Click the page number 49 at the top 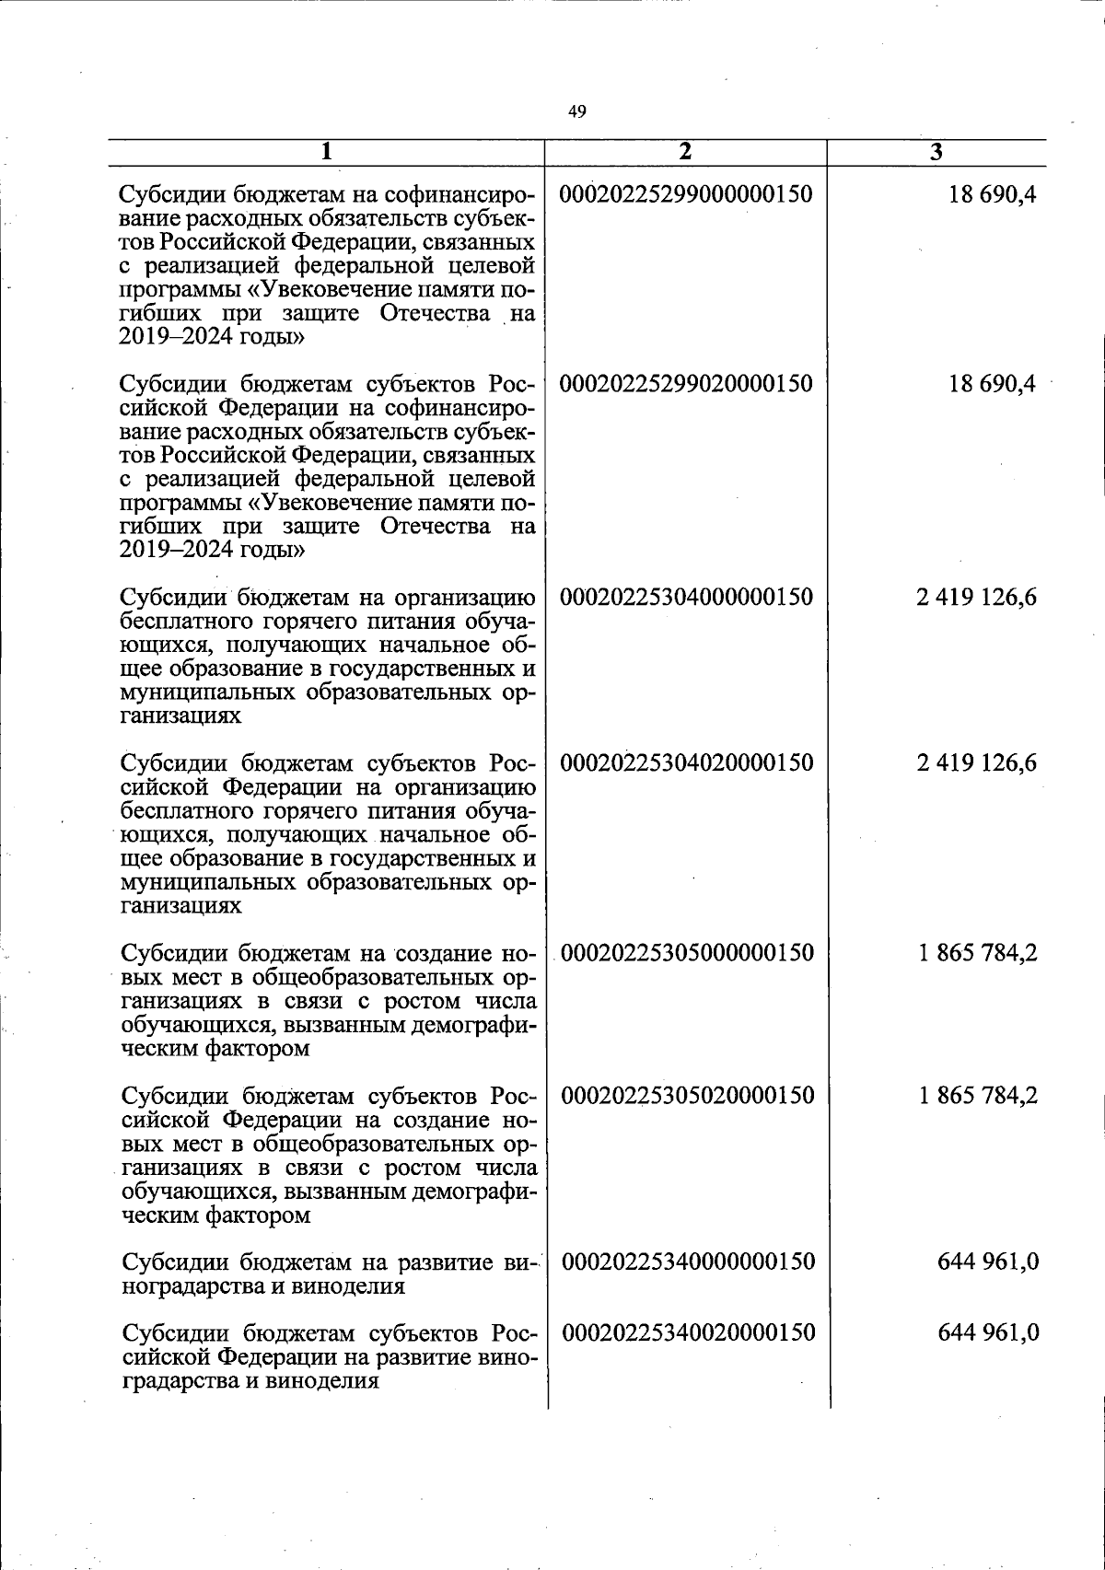point(577,112)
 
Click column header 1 point(327,153)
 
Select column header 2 point(684,153)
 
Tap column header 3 point(936,153)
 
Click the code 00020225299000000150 point(686,194)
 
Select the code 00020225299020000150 point(686,383)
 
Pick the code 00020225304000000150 point(687,597)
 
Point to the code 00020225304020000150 point(687,762)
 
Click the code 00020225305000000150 point(688,952)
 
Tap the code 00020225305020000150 point(688,1095)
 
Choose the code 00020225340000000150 point(688,1261)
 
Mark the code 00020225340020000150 point(688,1332)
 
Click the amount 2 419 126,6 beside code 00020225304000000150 point(976,597)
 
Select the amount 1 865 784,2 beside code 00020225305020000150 point(977,1095)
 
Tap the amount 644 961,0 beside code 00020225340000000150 point(988,1261)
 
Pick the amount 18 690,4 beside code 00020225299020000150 point(992,383)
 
